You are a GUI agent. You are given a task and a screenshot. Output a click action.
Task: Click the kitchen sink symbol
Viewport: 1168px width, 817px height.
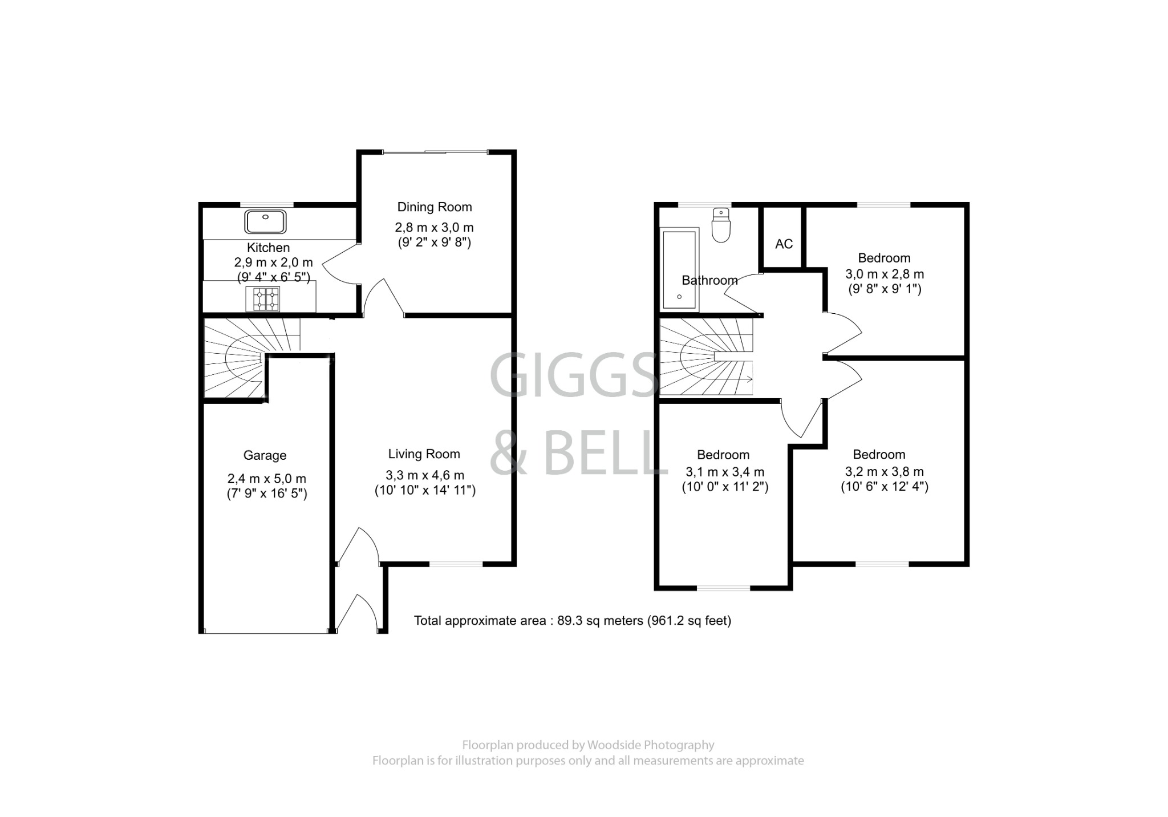[265, 222]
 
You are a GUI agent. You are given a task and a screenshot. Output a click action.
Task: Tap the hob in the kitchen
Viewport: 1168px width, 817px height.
[263, 299]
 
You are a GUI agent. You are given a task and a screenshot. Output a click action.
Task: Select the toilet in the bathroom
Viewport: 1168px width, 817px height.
[721, 225]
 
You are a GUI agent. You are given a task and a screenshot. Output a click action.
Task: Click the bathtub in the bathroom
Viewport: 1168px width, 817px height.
[679, 269]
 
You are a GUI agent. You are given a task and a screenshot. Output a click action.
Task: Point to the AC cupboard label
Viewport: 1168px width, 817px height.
[784, 244]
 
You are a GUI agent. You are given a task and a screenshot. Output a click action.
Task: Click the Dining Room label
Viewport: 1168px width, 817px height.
[434, 207]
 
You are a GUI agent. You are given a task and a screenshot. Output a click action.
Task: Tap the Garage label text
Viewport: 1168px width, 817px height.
[265, 455]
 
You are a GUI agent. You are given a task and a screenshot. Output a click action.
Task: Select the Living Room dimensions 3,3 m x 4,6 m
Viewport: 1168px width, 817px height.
[425, 475]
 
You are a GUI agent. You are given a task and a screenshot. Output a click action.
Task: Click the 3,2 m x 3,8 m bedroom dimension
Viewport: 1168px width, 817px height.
[884, 471]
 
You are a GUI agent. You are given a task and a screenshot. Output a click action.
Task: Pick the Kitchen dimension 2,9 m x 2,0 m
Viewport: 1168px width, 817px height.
[273, 262]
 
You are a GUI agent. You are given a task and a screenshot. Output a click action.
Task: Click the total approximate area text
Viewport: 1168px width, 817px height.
[572, 621]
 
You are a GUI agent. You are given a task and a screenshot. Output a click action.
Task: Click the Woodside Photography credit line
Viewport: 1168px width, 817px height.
[587, 745]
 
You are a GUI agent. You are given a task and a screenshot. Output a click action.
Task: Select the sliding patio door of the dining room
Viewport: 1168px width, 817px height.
[435, 152]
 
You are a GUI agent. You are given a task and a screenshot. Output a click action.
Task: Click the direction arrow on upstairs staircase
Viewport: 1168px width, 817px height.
[747, 379]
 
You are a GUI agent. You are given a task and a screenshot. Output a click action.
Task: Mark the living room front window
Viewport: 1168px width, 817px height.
[456, 564]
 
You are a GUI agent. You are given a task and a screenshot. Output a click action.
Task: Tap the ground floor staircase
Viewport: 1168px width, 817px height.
[240, 358]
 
